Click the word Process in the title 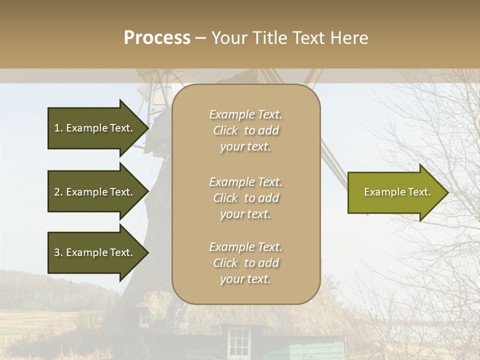click(x=157, y=37)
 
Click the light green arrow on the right click(x=395, y=192)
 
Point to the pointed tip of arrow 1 click(x=147, y=128)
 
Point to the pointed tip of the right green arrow click(x=447, y=192)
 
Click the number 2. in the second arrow click(x=58, y=192)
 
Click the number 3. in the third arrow click(x=58, y=252)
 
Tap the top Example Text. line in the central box click(x=245, y=114)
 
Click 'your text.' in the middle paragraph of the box click(x=245, y=214)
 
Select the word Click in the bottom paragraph click(x=225, y=263)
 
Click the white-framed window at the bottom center click(x=239, y=341)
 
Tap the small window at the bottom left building click(x=144, y=317)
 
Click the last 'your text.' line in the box click(x=245, y=279)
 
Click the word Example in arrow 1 click(x=86, y=128)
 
